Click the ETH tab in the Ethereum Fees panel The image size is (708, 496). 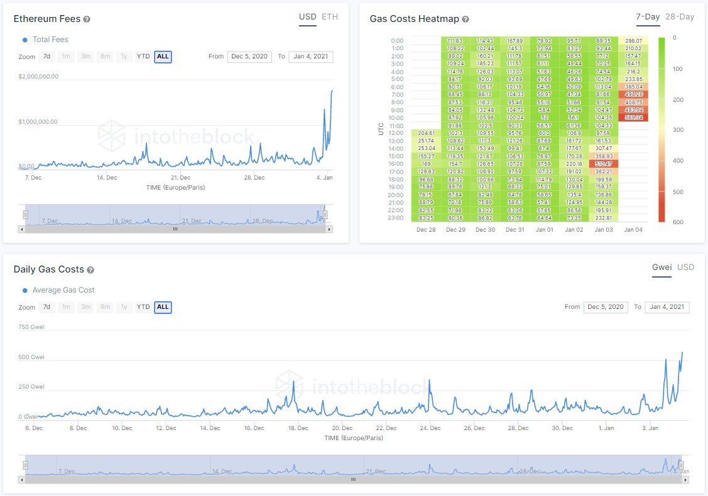[x=330, y=17]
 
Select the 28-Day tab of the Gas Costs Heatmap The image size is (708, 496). [x=680, y=17]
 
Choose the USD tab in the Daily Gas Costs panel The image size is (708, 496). [x=685, y=267]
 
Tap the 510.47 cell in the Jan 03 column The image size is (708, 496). [x=603, y=163]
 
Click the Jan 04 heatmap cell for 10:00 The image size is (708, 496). [x=633, y=117]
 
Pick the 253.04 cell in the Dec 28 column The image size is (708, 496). [x=426, y=148]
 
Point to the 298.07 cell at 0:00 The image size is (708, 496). [x=633, y=40]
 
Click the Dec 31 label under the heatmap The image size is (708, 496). [x=515, y=230]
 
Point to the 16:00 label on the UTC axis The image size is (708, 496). [x=396, y=163]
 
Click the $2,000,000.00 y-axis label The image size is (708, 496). [x=38, y=77]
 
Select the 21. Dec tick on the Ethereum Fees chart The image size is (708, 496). [x=180, y=178]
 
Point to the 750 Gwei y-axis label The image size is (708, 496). [x=31, y=326]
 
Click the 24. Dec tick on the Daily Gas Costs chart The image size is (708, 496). [x=430, y=428]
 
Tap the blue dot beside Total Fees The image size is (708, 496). [x=25, y=40]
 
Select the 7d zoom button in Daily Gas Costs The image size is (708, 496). [x=46, y=307]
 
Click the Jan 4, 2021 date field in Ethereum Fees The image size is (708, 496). [x=311, y=57]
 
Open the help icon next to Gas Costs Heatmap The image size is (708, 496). [x=466, y=19]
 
